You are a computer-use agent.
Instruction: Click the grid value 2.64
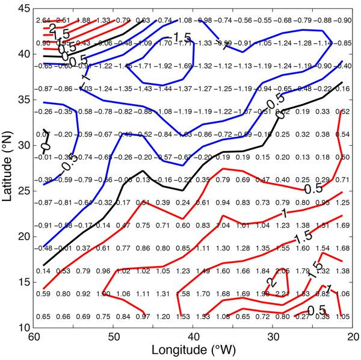pyautogui.click(x=44, y=21)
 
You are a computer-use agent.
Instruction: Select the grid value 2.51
pyautogui.click(x=63, y=21)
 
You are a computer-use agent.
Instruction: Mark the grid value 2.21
pyautogui.click(x=281, y=294)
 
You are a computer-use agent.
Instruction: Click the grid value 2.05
pyautogui.click(x=281, y=271)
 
